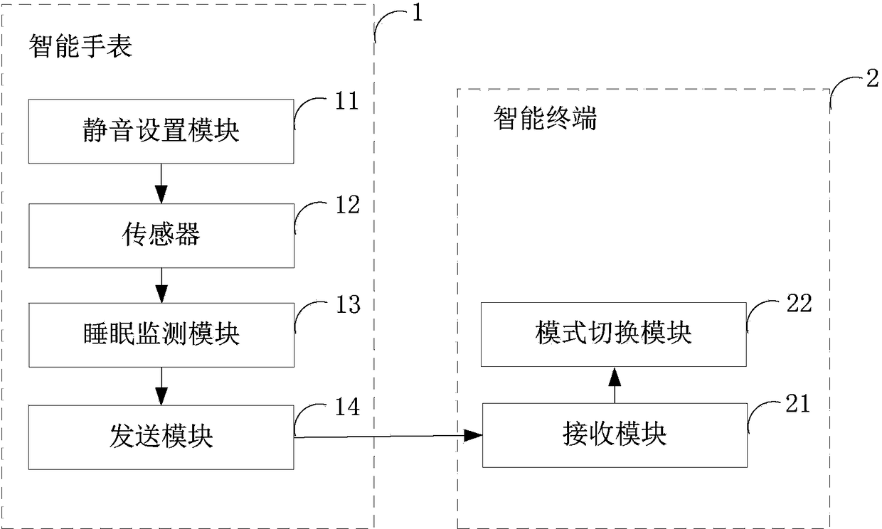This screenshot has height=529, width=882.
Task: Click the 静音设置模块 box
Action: [x=161, y=131]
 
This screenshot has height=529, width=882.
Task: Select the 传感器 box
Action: [x=161, y=236]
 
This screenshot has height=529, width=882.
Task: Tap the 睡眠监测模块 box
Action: [x=161, y=335]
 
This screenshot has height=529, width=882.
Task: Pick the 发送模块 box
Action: [x=161, y=437]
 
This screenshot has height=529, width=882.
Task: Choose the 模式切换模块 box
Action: [x=613, y=335]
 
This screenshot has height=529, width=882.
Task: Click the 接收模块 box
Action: [x=615, y=435]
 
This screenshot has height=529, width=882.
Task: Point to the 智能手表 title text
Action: [x=80, y=46]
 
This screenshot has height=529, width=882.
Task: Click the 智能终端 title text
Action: [x=546, y=118]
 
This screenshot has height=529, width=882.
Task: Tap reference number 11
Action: [x=347, y=101]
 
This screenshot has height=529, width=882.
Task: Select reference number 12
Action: [x=348, y=205]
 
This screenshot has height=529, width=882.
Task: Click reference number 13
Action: [x=348, y=304]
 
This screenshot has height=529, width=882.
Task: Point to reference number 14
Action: [x=347, y=407]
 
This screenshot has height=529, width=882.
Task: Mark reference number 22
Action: [x=799, y=303]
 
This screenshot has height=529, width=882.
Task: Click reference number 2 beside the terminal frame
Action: [x=872, y=78]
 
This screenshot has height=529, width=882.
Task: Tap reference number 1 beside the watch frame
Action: [x=418, y=12]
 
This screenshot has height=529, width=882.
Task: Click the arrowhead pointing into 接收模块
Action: [x=473, y=435]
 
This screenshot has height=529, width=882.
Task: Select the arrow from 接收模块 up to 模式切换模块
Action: [x=615, y=385]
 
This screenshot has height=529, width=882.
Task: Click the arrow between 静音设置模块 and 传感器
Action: [x=161, y=184]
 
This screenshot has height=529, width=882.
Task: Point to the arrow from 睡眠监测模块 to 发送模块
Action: [x=161, y=387]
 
